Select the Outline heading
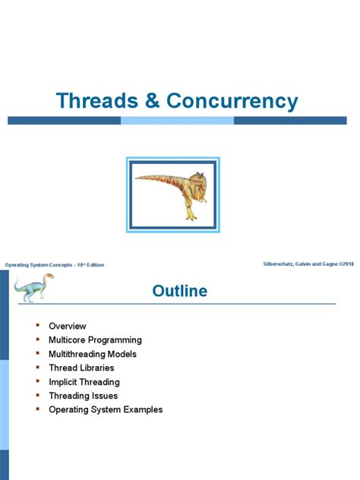pos(180,291)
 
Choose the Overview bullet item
pos(68,326)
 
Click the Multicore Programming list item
pos(95,340)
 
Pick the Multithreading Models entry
pos(93,354)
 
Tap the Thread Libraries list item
pos(82,368)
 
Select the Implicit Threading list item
pos(84,382)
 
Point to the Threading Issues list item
pos(83,396)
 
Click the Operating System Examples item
pos(106,410)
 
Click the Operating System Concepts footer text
pos(55,264)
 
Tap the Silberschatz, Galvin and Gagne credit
pos(306,263)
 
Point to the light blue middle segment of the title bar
pos(177,121)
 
